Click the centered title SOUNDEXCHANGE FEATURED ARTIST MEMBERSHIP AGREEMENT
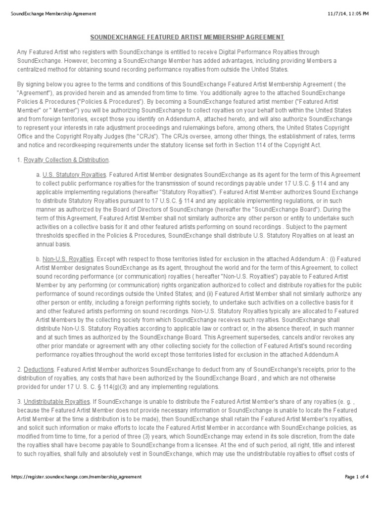click(187, 37)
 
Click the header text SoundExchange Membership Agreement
click(53, 13)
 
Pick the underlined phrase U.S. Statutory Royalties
click(74, 175)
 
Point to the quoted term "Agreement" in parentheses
click(33, 93)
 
